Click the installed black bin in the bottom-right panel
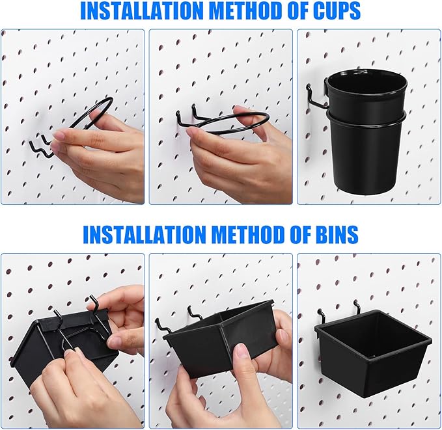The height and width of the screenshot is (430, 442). (372, 355)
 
